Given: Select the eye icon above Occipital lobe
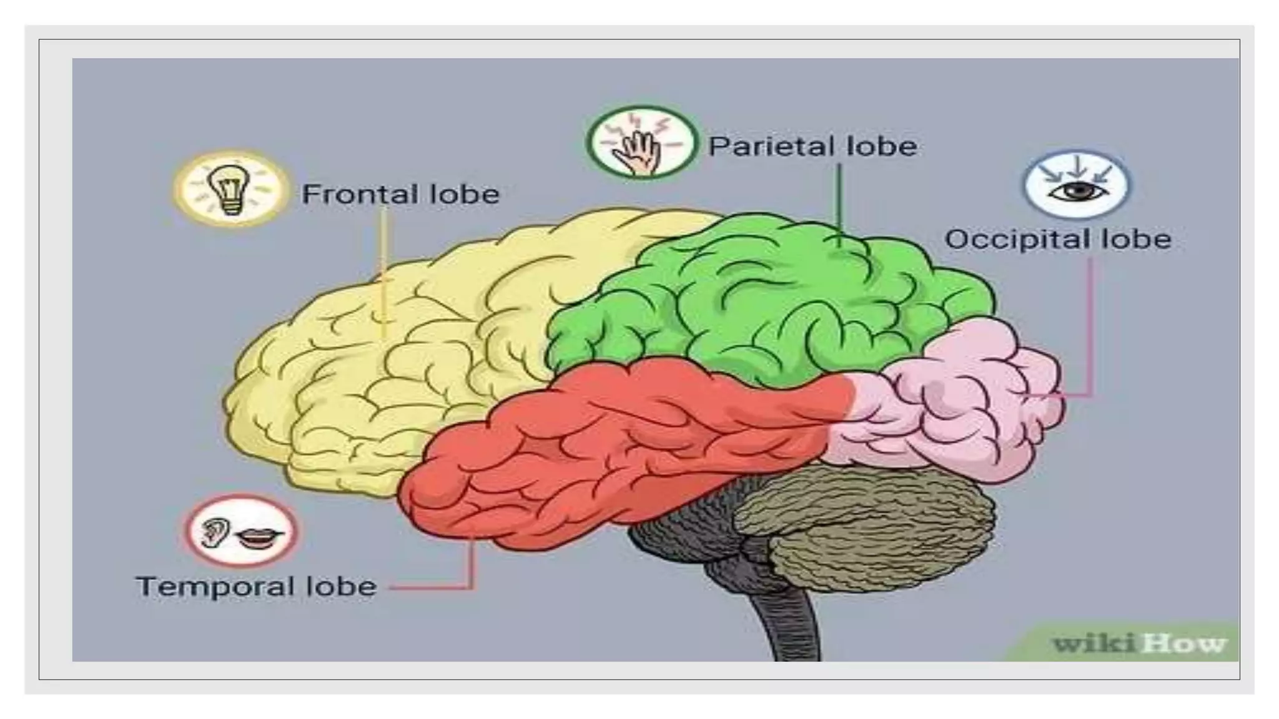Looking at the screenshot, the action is (1077, 188).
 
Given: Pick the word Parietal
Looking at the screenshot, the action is (772, 147).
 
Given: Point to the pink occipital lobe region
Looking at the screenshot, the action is (974, 406).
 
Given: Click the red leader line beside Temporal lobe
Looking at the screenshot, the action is (437, 587).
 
